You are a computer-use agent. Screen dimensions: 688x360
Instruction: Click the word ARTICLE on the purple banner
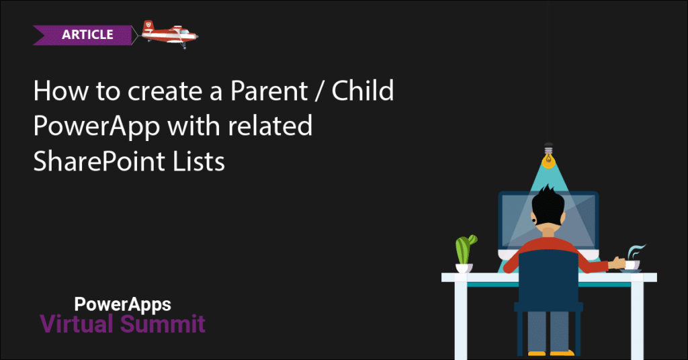click(x=87, y=35)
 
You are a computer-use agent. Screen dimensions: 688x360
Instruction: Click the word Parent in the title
click(x=269, y=91)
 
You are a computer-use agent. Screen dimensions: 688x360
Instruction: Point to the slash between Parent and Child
click(x=319, y=91)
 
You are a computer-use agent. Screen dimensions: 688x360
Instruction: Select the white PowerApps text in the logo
click(x=122, y=305)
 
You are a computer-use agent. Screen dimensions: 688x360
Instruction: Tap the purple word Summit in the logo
click(x=163, y=324)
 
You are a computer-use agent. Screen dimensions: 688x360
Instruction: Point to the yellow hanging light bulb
click(x=548, y=156)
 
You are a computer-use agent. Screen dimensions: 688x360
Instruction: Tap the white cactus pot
click(x=464, y=268)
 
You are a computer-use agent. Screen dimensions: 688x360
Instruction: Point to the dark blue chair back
click(x=548, y=275)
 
